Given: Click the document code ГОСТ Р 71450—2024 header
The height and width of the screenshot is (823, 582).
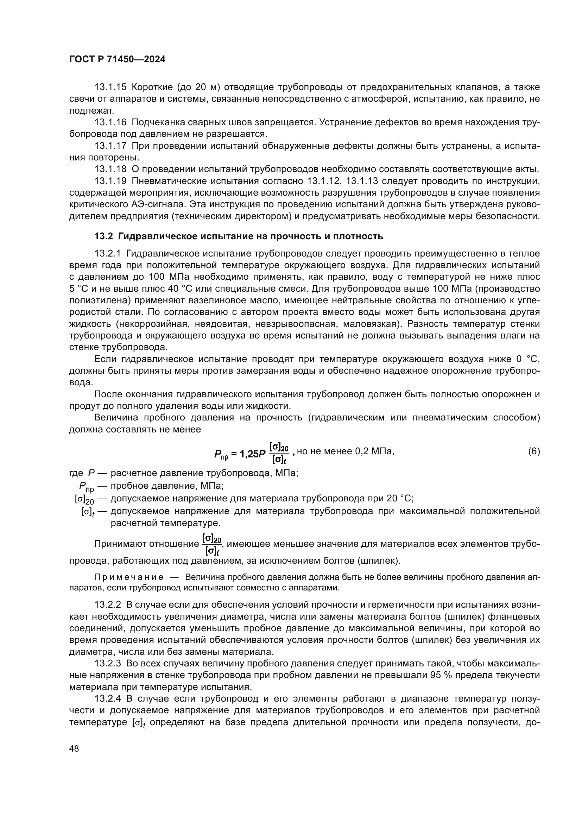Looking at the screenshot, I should click(x=117, y=59).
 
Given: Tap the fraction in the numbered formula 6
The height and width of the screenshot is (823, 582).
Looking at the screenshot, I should click(x=279, y=453).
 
